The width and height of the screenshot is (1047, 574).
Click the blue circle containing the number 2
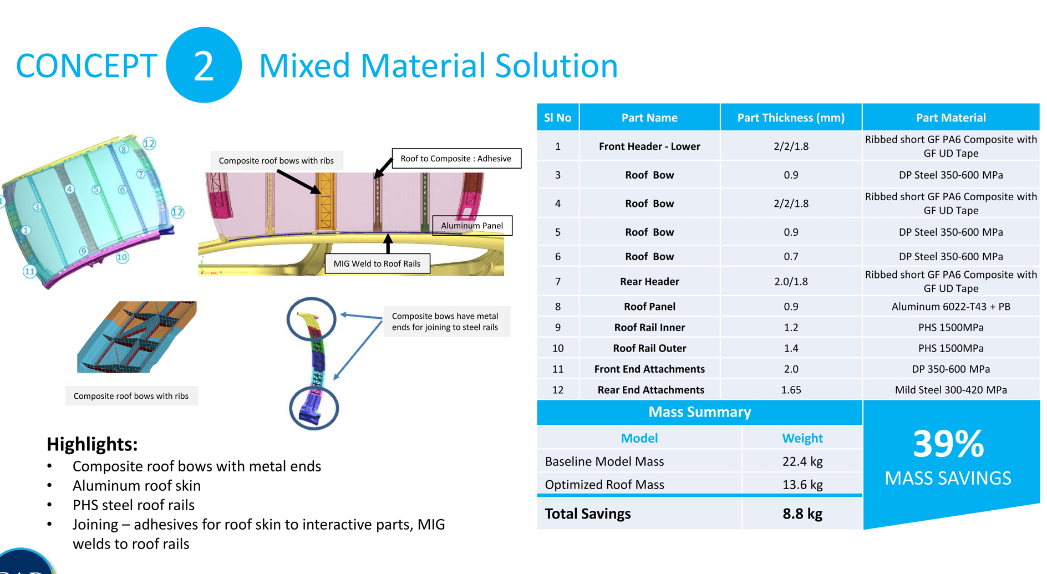204,65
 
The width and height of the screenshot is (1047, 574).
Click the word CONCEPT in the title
87,65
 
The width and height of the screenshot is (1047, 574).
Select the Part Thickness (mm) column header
791,118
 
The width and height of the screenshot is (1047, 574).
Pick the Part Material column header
951,118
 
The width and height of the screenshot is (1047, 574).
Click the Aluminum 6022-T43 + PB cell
951,307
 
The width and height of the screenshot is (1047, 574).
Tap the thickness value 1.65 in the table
791,390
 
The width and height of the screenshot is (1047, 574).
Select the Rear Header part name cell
649,282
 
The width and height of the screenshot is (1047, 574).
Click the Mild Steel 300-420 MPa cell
951,390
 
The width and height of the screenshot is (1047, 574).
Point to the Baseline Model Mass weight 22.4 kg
802,461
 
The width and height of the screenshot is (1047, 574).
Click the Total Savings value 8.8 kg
802,514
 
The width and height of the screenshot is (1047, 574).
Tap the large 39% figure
948,444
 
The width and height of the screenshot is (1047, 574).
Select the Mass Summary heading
699,412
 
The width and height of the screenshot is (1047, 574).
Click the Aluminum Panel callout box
472,225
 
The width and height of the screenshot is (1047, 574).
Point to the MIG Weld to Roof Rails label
377,263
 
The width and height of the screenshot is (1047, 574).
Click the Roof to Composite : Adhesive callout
456,159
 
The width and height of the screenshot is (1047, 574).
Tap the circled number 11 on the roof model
29,271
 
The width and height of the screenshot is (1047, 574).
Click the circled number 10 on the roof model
122,257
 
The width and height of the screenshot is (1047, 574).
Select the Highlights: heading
92,444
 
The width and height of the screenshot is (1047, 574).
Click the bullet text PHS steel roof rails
134,505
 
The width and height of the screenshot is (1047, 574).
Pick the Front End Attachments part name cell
649,369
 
